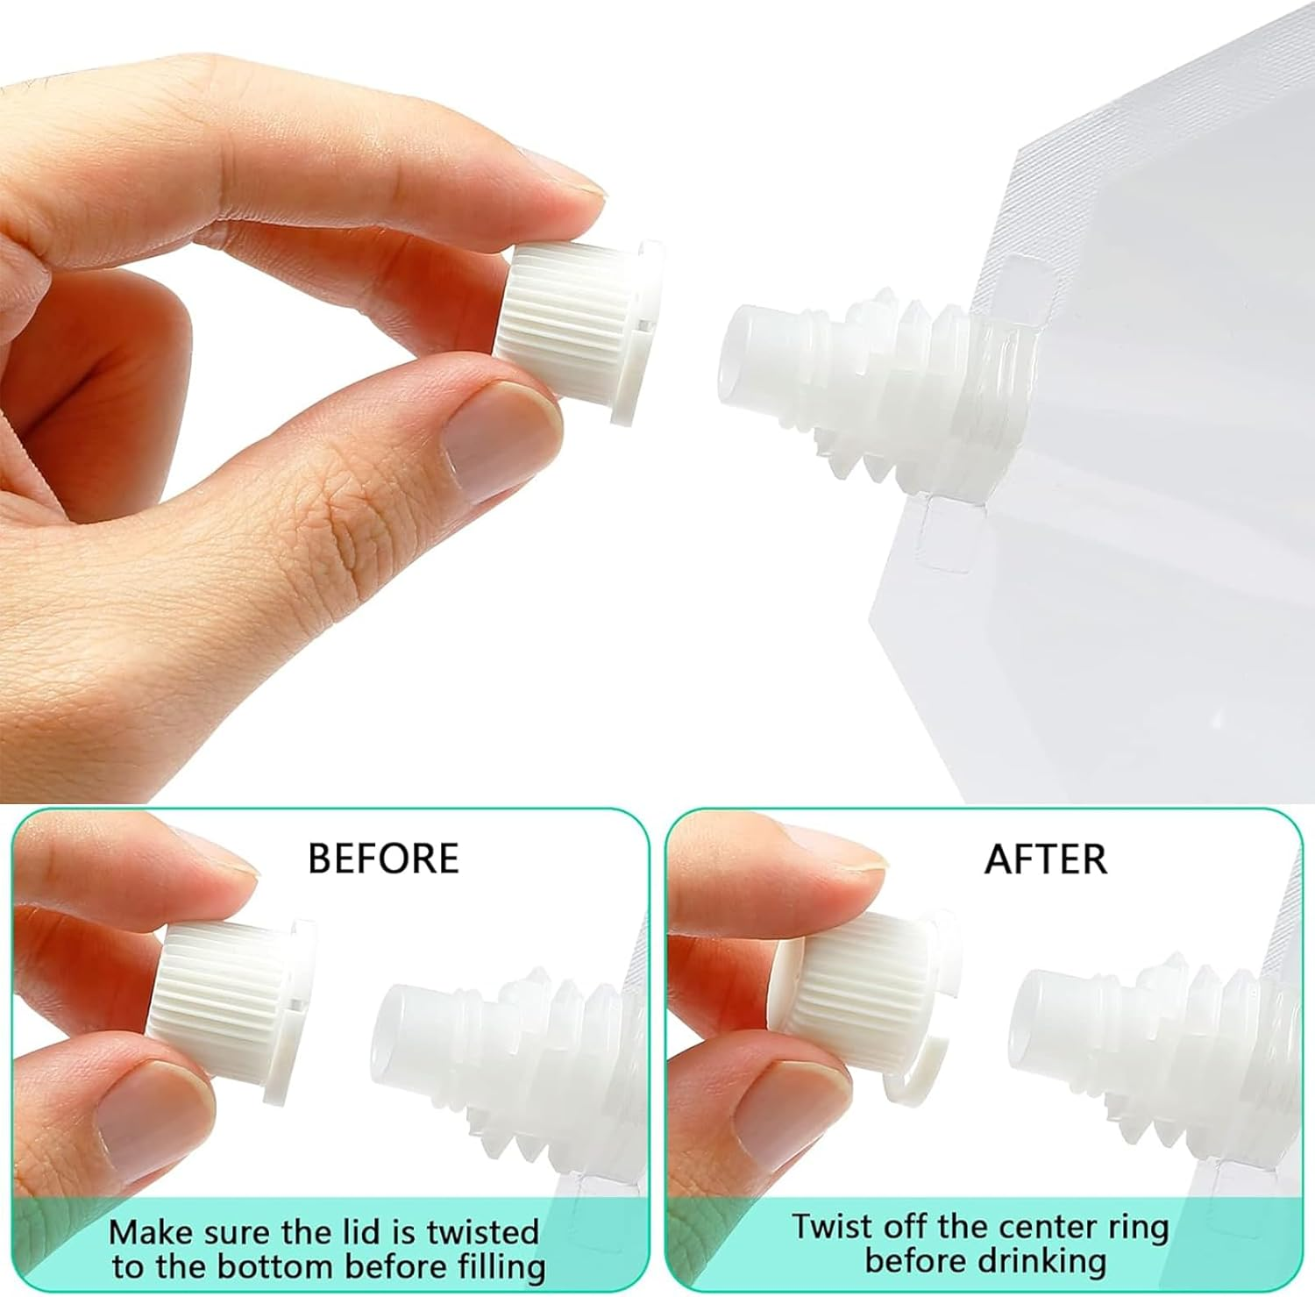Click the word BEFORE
tap(383, 859)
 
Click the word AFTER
tap(1045, 859)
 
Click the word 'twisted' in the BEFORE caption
tap(482, 1232)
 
